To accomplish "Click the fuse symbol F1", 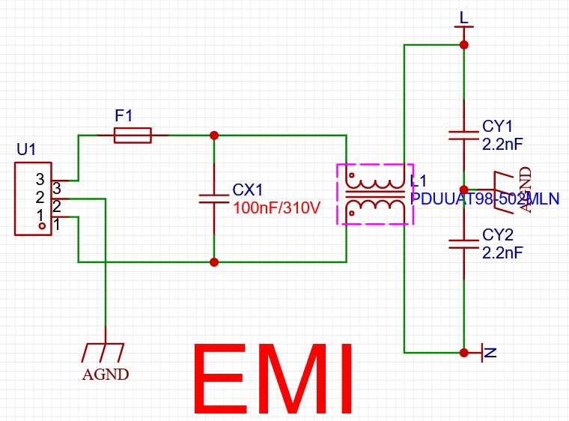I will pyautogui.click(x=133, y=135).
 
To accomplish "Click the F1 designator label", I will pyautogui.click(x=124, y=116).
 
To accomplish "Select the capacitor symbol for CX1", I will pyautogui.click(x=214, y=199).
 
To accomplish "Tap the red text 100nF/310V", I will pyautogui.click(x=277, y=207).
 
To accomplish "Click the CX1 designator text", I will pyautogui.click(x=248, y=189).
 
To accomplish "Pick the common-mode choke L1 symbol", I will pyautogui.click(x=375, y=194).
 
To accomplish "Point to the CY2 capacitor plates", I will pyautogui.click(x=463, y=242).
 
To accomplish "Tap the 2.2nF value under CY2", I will pyautogui.click(x=502, y=252).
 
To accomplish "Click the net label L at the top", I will pyautogui.click(x=464, y=17).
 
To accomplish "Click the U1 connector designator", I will pyautogui.click(x=26, y=150).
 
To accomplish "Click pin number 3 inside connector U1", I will pyautogui.click(x=40, y=179).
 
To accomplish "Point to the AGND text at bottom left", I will pyautogui.click(x=106, y=374).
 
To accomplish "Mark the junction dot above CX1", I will pyautogui.click(x=214, y=135).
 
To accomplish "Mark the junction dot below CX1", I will pyautogui.click(x=214, y=262).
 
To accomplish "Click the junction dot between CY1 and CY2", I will pyautogui.click(x=463, y=190).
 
